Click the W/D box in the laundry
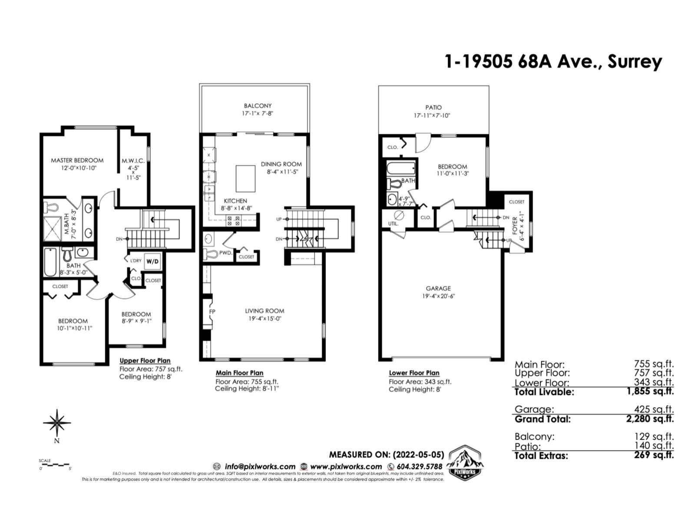tap(152, 261)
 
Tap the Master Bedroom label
tap(77, 160)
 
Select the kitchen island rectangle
tap(245, 178)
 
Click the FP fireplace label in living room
tap(212, 312)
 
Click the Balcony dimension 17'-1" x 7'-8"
tap(257, 114)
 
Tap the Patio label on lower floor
tap(433, 107)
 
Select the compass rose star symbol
tap(57, 422)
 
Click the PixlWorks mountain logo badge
tap(467, 462)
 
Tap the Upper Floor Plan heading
tap(145, 361)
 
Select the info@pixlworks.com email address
tap(260, 467)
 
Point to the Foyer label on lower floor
tap(515, 228)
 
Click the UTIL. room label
tap(393, 224)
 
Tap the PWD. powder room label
tap(225, 253)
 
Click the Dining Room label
tap(281, 164)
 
